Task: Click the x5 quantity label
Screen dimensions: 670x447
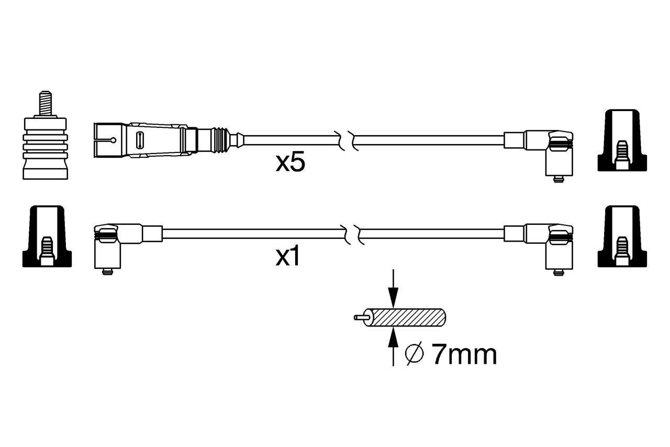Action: click(x=290, y=162)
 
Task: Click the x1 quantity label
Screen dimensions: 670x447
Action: click(x=287, y=256)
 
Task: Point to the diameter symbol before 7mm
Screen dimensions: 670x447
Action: click(x=414, y=354)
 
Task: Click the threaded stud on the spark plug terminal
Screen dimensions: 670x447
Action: click(x=46, y=103)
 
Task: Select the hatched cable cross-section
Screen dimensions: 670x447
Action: click(x=407, y=318)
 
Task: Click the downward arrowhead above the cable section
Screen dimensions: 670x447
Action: click(x=393, y=298)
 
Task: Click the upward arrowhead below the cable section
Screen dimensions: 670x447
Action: click(x=393, y=337)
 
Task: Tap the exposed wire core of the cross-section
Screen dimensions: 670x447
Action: click(x=361, y=318)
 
